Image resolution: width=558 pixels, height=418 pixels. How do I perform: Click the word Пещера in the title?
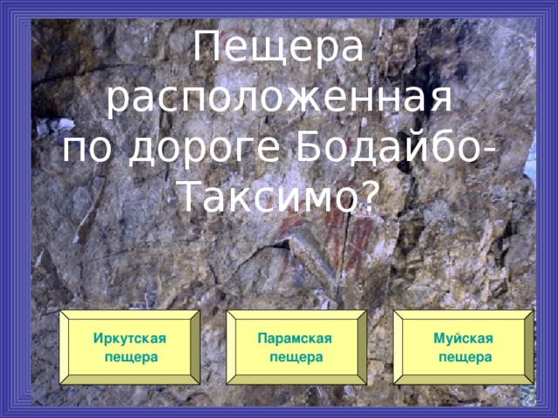click(278, 51)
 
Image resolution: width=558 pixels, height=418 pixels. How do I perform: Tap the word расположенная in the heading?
click(278, 100)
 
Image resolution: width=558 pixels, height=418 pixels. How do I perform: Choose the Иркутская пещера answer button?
click(130, 347)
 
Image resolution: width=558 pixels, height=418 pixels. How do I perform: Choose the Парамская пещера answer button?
click(296, 347)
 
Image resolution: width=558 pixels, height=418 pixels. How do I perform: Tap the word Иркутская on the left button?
click(130, 339)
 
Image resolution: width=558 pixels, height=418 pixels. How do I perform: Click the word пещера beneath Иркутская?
click(130, 357)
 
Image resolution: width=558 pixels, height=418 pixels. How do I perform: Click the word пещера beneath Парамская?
click(296, 357)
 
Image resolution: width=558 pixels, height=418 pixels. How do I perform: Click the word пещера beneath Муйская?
click(464, 357)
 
